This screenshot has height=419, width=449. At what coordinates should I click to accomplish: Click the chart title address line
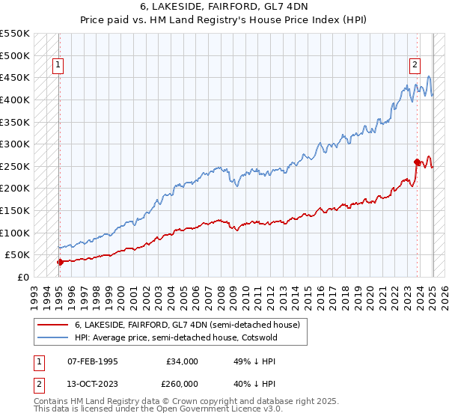pyautogui.click(x=224, y=7)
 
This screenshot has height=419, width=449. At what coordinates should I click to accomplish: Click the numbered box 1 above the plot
pyautogui.click(x=58, y=65)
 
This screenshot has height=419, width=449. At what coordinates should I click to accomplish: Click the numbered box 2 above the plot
pyautogui.click(x=415, y=65)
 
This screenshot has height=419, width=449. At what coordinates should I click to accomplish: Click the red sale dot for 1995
pyautogui.click(x=59, y=262)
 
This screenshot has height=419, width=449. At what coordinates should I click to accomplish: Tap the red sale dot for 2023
pyautogui.click(x=417, y=162)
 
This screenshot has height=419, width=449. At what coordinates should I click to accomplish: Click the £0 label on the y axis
pyautogui.click(x=24, y=277)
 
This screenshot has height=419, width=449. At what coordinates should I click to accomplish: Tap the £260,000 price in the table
pyautogui.click(x=182, y=384)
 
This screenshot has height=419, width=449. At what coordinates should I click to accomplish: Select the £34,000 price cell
pyautogui.click(x=182, y=361)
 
